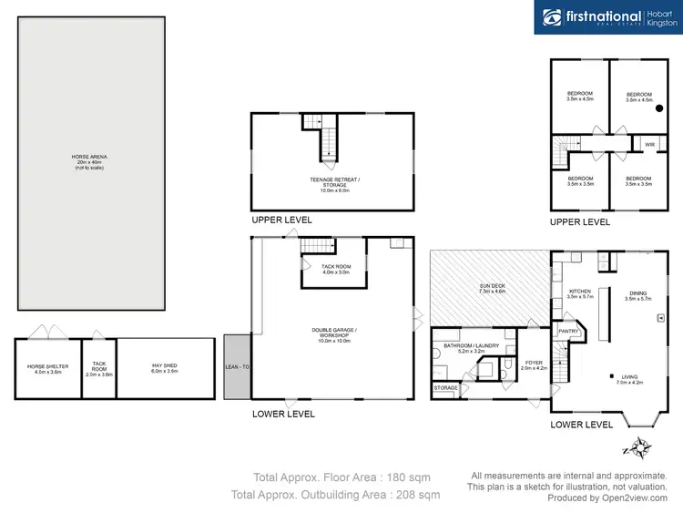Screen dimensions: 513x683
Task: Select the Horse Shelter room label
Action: pyautogui.click(x=47, y=368)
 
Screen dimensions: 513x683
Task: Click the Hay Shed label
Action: pyautogui.click(x=164, y=368)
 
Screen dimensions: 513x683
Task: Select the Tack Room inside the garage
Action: pyautogui.click(x=333, y=270)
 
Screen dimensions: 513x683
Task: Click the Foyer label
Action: pyautogui.click(x=534, y=365)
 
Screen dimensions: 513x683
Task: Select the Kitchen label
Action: pyautogui.click(x=579, y=294)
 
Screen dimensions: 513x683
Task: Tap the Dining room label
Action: pyautogui.click(x=637, y=294)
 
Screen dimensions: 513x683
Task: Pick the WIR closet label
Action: pyautogui.click(x=649, y=145)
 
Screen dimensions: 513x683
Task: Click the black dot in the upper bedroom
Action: pyautogui.click(x=659, y=108)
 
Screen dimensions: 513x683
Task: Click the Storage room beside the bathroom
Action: pyautogui.click(x=446, y=388)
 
